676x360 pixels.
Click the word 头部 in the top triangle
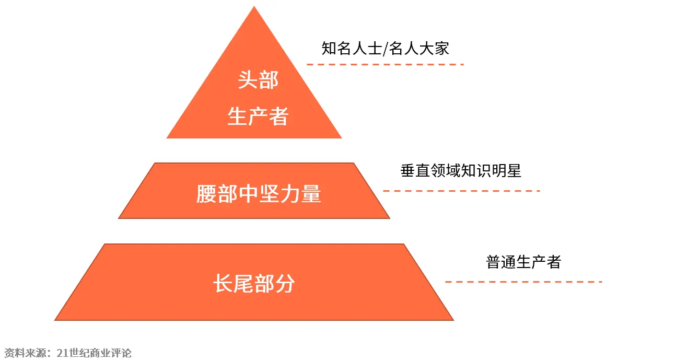(258, 80)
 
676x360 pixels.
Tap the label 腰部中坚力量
(259, 194)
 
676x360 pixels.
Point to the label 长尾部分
(254, 284)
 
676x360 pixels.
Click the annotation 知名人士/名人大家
(385, 49)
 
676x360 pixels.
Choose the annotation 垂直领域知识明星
(461, 171)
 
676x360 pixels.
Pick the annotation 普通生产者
(523, 262)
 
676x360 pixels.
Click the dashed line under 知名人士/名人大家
(385, 64)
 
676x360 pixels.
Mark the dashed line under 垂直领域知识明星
(461, 191)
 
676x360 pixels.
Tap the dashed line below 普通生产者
(523, 282)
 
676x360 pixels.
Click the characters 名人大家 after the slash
(419, 49)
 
